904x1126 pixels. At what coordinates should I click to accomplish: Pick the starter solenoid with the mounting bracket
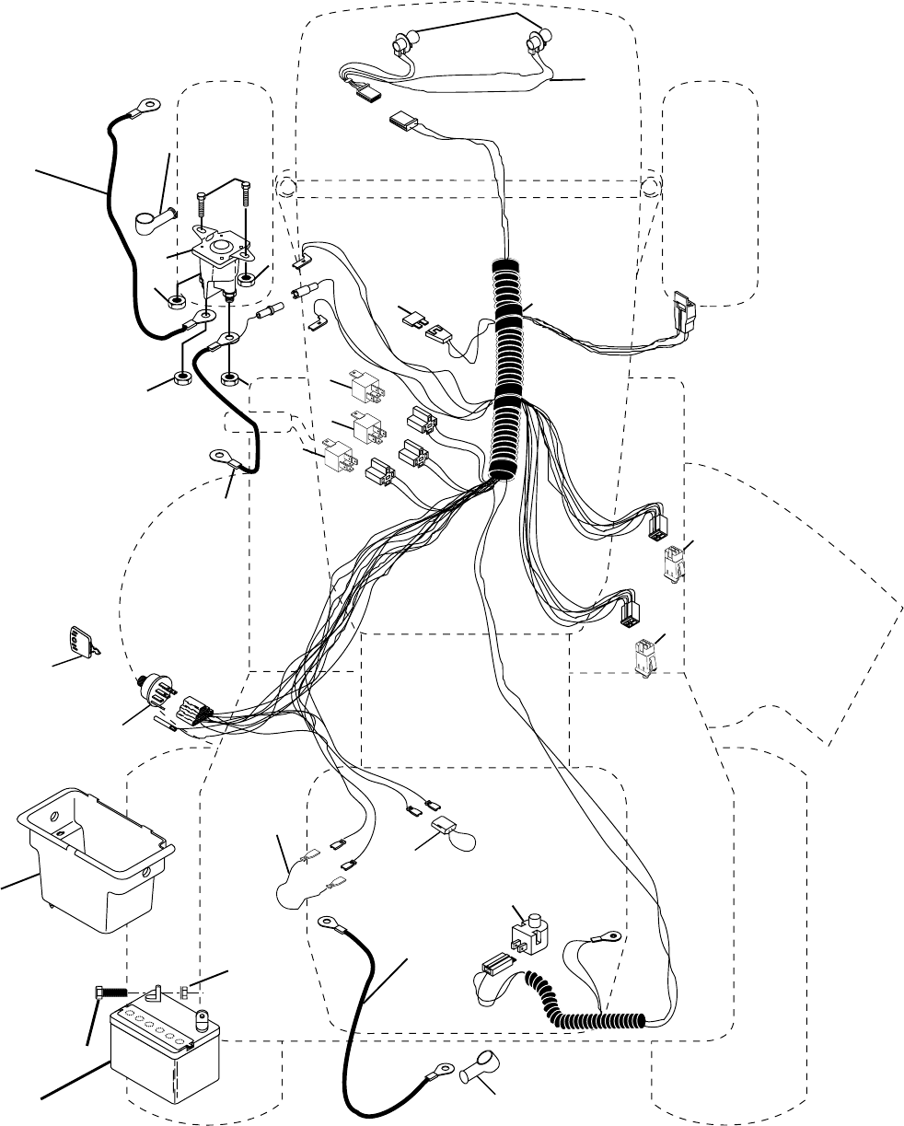coord(217,256)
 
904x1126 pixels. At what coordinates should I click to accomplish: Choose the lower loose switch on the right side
coord(643,657)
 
